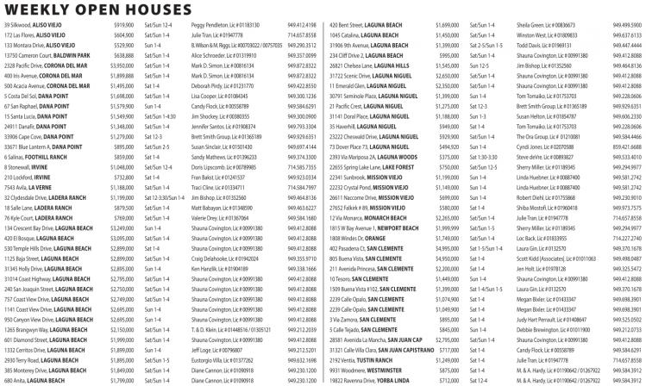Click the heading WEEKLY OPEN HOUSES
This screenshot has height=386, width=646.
pyautogui.click(x=98, y=9)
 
